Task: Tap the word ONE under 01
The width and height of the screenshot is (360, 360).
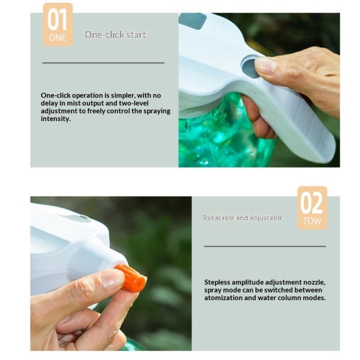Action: [58, 38]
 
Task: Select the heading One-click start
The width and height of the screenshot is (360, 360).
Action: [115, 35]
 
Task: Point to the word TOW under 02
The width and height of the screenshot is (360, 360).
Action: [312, 221]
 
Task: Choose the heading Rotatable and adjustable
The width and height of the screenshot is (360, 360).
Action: [243, 218]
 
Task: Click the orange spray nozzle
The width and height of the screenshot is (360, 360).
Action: [130, 278]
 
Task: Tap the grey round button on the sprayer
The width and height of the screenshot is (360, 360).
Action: [250, 68]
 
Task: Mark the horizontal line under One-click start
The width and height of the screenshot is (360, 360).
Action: [103, 63]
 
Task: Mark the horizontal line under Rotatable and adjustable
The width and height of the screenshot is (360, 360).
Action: [265, 246]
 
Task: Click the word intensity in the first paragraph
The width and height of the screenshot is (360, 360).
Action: [55, 119]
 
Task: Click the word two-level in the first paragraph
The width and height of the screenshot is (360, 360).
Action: [134, 103]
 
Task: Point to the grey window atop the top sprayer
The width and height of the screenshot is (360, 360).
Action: [193, 21]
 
